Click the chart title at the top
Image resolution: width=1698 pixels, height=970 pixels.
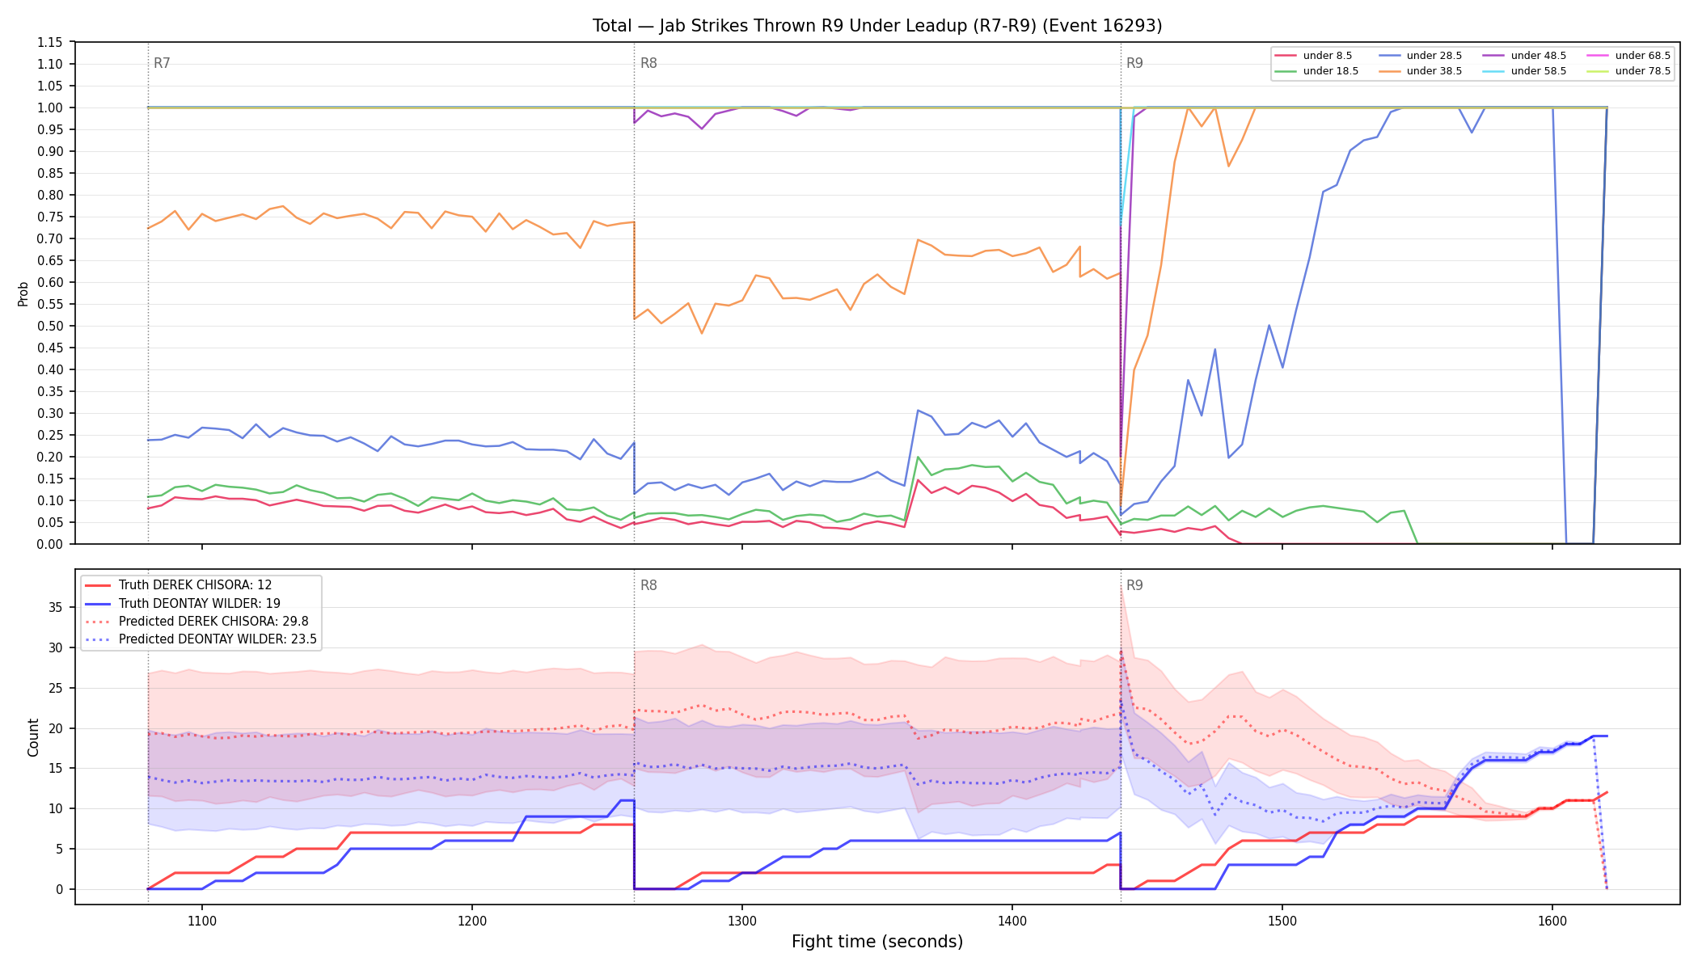[x=877, y=26]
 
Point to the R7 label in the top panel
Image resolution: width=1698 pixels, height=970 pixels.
[x=162, y=63]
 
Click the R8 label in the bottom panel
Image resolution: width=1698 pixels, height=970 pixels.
[x=648, y=585]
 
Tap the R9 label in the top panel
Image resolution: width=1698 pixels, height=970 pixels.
[x=1134, y=63]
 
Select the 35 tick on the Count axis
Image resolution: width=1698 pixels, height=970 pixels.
[x=56, y=608]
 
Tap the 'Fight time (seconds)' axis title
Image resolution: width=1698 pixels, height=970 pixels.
[x=877, y=942]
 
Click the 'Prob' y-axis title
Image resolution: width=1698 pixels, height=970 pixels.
[x=23, y=293]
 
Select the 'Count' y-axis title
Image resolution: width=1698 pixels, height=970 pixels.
[x=33, y=737]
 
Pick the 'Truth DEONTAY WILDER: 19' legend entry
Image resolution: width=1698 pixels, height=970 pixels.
[x=199, y=604]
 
